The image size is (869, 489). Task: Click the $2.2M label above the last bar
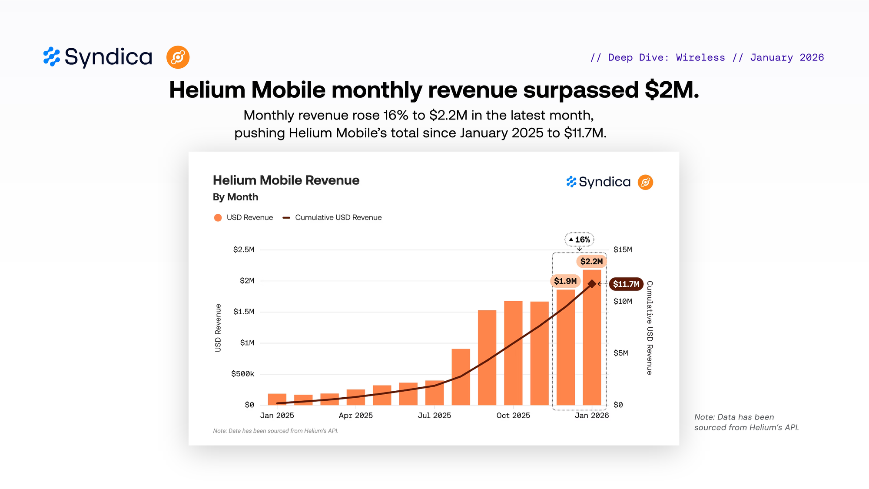pyautogui.click(x=591, y=261)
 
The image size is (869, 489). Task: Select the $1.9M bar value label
pyautogui.click(x=565, y=281)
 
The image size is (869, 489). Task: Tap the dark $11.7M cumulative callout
pyautogui.click(x=626, y=284)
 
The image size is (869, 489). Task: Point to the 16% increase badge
pyautogui.click(x=579, y=240)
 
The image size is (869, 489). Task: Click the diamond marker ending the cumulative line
pyautogui.click(x=592, y=284)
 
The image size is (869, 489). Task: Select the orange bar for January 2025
pyautogui.click(x=277, y=399)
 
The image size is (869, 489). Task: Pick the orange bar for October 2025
pyautogui.click(x=513, y=353)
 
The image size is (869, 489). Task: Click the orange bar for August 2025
pyautogui.click(x=461, y=376)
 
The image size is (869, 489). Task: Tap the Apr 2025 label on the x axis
pyautogui.click(x=356, y=416)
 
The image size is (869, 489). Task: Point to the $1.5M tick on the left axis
pyautogui.click(x=243, y=312)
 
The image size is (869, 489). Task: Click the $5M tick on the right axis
pyautogui.click(x=620, y=353)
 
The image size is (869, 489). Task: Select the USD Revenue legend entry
pyautogui.click(x=244, y=217)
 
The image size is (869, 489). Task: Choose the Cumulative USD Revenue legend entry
pyautogui.click(x=332, y=217)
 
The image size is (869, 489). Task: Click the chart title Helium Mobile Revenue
pyautogui.click(x=286, y=180)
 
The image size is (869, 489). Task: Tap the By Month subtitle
pyautogui.click(x=235, y=197)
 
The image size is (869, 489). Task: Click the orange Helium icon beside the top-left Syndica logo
pyautogui.click(x=178, y=57)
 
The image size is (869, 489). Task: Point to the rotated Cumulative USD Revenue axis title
pyautogui.click(x=650, y=327)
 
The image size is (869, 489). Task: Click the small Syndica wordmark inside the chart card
pyautogui.click(x=604, y=182)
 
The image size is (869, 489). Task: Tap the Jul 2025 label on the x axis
pyautogui.click(x=434, y=416)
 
